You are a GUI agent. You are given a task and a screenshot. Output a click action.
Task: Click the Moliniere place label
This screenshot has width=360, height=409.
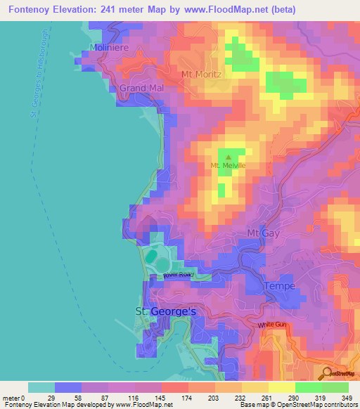point(106,47)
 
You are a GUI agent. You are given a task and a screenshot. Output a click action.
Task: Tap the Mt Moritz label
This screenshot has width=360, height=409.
point(202,74)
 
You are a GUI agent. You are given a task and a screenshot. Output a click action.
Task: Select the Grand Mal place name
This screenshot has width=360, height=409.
point(136,88)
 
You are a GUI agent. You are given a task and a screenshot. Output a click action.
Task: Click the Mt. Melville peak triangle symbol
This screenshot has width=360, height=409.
point(227,157)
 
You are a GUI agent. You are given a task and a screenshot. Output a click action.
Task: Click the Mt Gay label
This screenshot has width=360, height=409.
point(263,233)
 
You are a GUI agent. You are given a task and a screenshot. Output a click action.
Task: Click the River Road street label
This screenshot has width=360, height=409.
point(178,275)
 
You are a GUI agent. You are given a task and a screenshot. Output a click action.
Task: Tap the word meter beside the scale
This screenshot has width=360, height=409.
point(12,398)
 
